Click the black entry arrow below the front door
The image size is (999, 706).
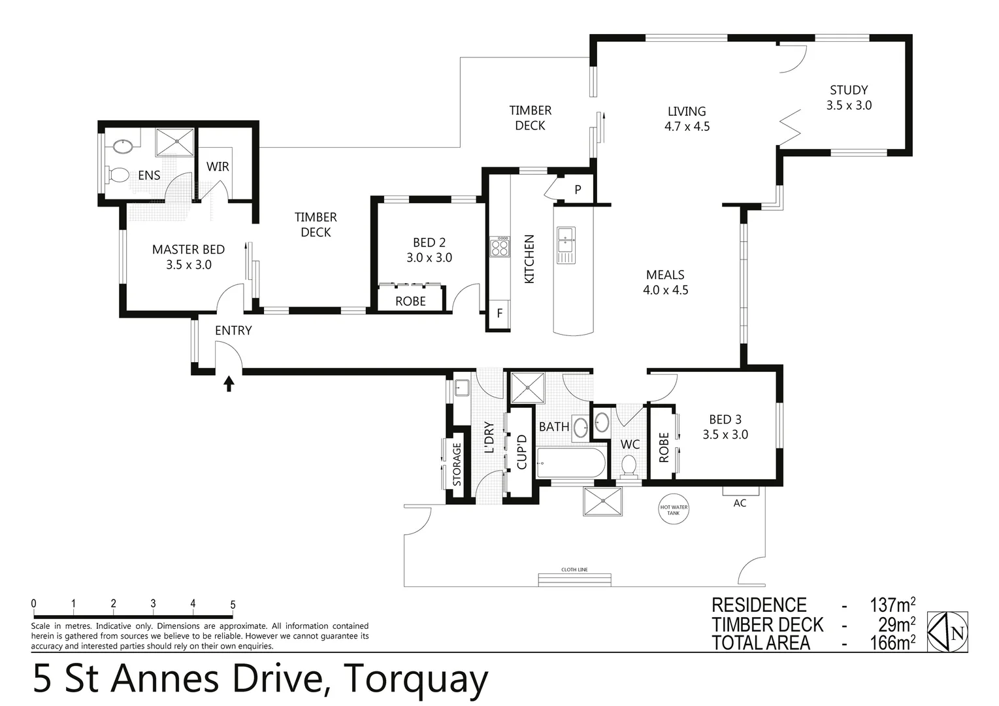pos(229,383)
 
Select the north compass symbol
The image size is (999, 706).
pos(948,631)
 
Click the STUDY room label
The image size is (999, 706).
pos(849,90)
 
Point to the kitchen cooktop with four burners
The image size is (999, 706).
pos(500,247)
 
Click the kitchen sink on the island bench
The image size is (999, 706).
pos(566,245)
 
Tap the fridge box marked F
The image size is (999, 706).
pos(500,313)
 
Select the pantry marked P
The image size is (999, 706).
pos(578,190)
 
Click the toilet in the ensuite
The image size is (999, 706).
pos(118,175)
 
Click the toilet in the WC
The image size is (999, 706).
pos(629,465)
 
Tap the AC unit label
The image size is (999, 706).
pos(740,503)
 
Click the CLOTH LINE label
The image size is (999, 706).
pos(574,569)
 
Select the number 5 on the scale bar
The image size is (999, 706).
pos(233,605)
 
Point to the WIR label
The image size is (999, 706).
pos(218,167)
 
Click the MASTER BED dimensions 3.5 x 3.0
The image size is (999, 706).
pos(189,265)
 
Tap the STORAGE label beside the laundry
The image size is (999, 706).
pos(457,464)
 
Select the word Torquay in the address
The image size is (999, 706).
pos(416,680)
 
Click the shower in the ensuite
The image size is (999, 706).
pos(174,142)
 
